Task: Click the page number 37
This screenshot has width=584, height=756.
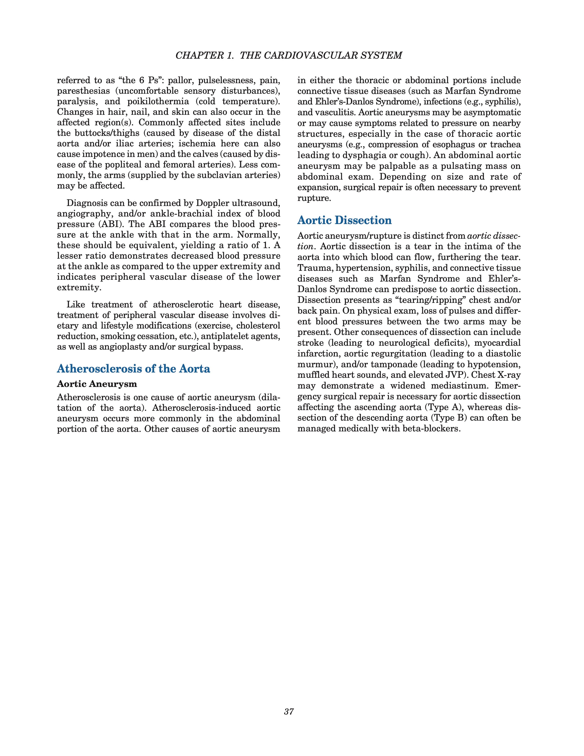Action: coord(289,712)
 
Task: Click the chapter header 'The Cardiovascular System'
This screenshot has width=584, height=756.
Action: coord(289,55)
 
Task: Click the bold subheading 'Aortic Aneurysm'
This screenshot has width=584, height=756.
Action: coord(97,384)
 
